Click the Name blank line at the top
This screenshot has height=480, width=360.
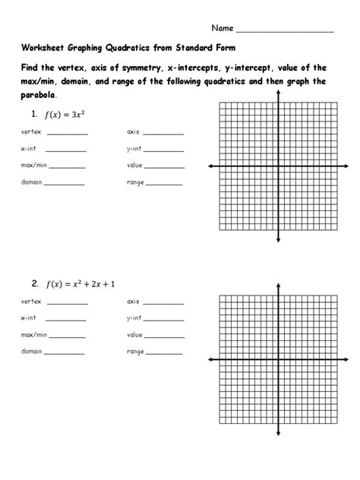point(285,31)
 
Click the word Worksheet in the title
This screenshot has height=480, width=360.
point(46,48)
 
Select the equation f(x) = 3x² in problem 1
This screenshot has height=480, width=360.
point(68,115)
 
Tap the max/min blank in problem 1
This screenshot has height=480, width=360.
point(68,166)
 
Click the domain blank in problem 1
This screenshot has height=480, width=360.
point(65,183)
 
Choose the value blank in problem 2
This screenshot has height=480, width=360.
point(166,336)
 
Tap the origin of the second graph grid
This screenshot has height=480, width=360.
point(279,358)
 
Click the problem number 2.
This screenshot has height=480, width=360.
point(35,284)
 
